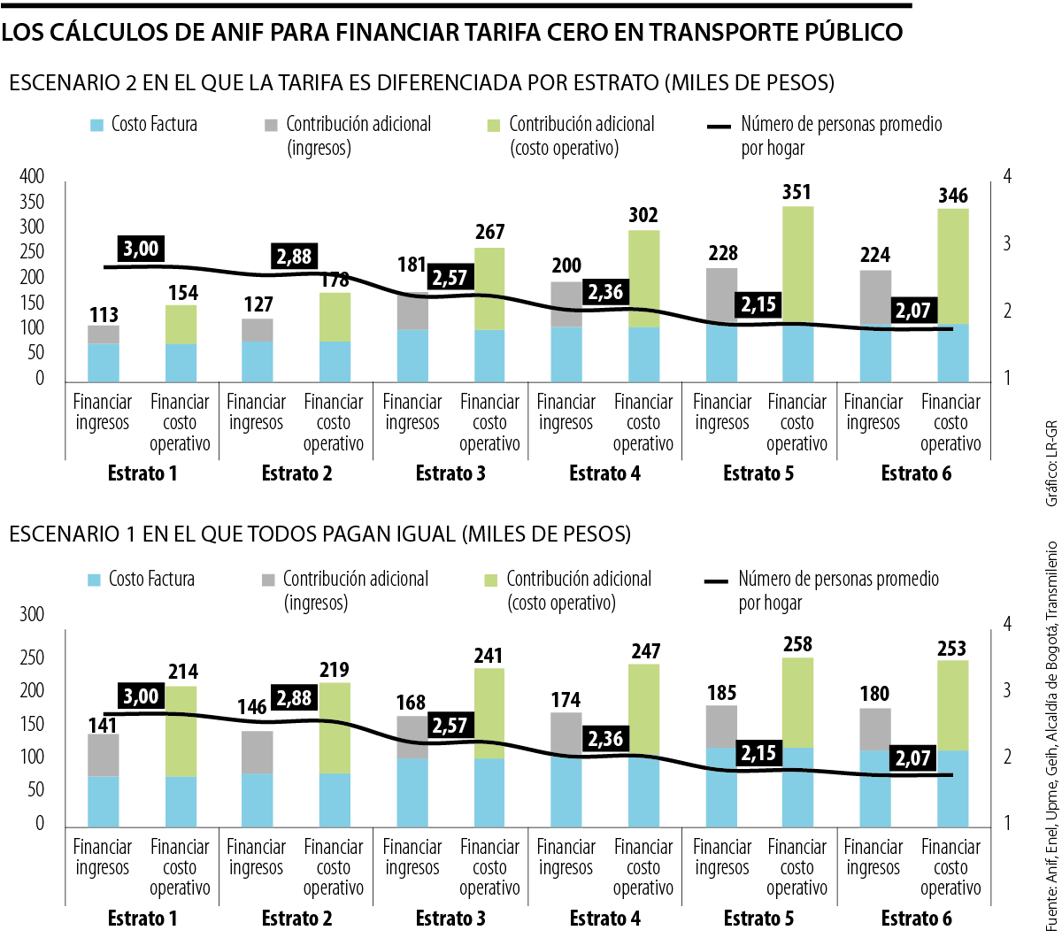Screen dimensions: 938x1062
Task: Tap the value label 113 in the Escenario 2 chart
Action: click(x=104, y=314)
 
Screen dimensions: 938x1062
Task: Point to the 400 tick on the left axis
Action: click(x=32, y=177)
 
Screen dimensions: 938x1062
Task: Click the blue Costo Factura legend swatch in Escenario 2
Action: click(x=97, y=125)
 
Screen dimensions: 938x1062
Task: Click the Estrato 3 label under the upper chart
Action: click(x=450, y=473)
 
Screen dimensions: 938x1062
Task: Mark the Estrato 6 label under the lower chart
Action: click(x=916, y=919)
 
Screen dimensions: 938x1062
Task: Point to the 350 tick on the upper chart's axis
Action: click(x=32, y=202)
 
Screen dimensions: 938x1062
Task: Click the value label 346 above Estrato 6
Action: click(x=951, y=195)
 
